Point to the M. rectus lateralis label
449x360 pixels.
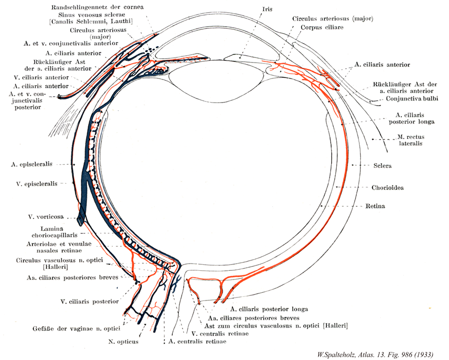414,141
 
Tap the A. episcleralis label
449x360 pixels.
35,165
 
